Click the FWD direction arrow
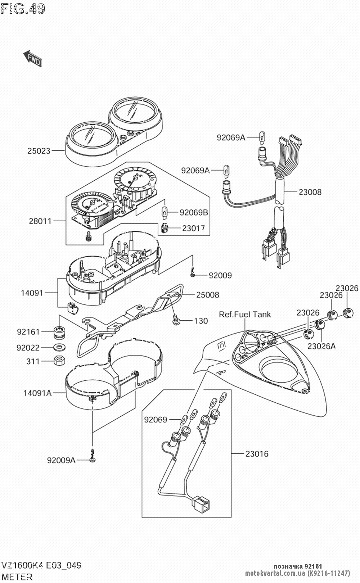pos(32,58)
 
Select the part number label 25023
pos(39,151)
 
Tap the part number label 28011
pos(40,221)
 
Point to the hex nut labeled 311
pos(59,361)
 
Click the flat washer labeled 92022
pos(59,347)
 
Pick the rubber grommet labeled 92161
pos(59,332)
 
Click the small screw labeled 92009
pos(193,272)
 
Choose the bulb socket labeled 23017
pos(165,228)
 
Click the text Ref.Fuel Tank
pos(245,315)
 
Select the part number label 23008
pos(310,192)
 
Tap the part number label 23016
pos(257,454)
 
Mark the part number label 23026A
pos(321,346)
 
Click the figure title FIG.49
pos(23,9)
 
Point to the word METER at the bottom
pos(17,577)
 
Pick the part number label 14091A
pos(37,393)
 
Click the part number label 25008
pos(207,295)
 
